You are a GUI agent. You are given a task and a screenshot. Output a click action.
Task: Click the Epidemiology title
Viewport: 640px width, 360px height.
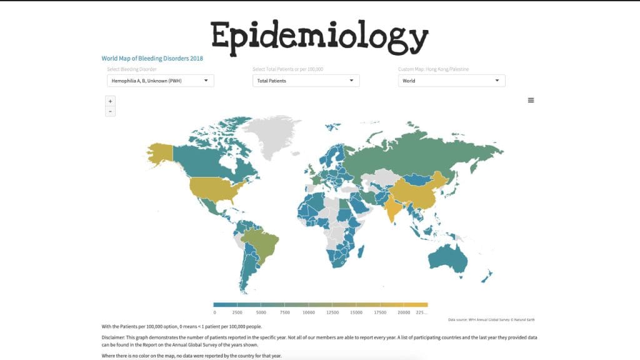tap(319, 36)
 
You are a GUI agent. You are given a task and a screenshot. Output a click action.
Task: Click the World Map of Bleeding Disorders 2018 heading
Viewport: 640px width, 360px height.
tap(152, 58)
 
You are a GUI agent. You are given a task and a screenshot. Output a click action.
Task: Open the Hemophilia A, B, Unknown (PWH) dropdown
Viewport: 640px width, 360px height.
tap(161, 81)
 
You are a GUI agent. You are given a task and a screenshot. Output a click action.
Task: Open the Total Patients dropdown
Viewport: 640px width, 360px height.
tap(306, 81)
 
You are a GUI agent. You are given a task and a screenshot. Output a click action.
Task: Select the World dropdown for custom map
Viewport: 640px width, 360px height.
tap(451, 81)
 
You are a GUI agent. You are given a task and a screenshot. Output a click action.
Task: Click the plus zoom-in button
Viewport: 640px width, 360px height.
tap(111, 101)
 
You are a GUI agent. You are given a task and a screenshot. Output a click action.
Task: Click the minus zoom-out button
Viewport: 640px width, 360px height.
tap(111, 111)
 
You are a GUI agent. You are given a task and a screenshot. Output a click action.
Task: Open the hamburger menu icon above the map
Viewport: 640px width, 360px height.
tap(531, 100)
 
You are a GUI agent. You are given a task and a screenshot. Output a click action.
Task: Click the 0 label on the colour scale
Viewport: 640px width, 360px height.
tap(214, 312)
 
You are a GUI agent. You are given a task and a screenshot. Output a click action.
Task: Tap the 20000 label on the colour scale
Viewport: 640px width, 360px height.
tap(404, 312)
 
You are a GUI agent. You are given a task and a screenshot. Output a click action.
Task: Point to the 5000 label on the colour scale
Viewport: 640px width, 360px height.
tap(262, 312)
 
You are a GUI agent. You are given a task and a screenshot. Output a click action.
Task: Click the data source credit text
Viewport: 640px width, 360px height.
tap(491, 320)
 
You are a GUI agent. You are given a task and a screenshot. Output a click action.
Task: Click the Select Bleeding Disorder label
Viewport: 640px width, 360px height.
tap(132, 69)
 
